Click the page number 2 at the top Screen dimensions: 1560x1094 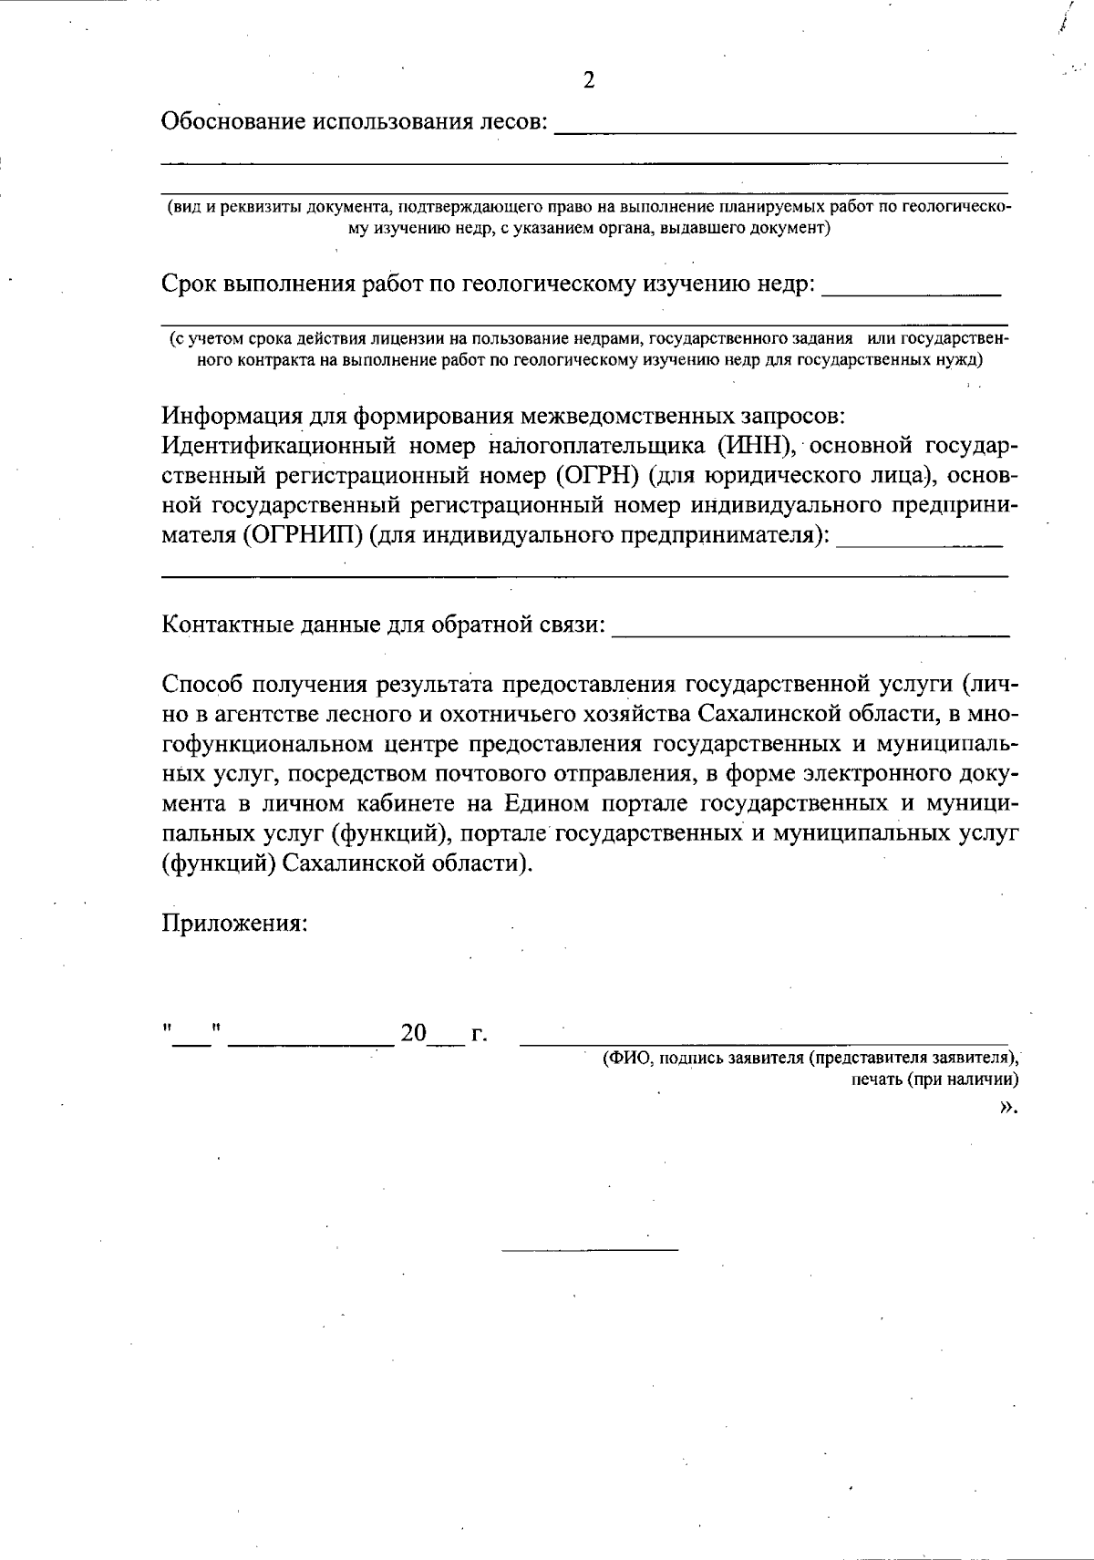pos(589,81)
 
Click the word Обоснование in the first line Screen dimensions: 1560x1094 pos(233,121)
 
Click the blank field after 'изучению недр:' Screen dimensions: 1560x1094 pos(912,290)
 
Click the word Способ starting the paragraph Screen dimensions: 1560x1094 pos(202,684)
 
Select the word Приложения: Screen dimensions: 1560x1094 pos(234,923)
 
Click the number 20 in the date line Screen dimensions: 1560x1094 pos(413,1033)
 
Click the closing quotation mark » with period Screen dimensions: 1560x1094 pos(1007,1107)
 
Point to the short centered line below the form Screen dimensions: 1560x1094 pos(590,1248)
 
